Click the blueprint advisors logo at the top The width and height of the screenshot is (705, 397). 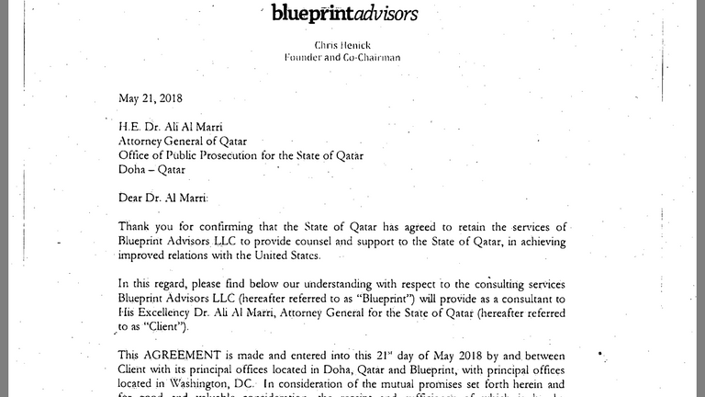pos(345,13)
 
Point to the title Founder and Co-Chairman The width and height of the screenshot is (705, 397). pos(343,56)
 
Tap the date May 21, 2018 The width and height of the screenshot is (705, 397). pos(151,98)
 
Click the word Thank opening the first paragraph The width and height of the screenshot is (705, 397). pos(136,226)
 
